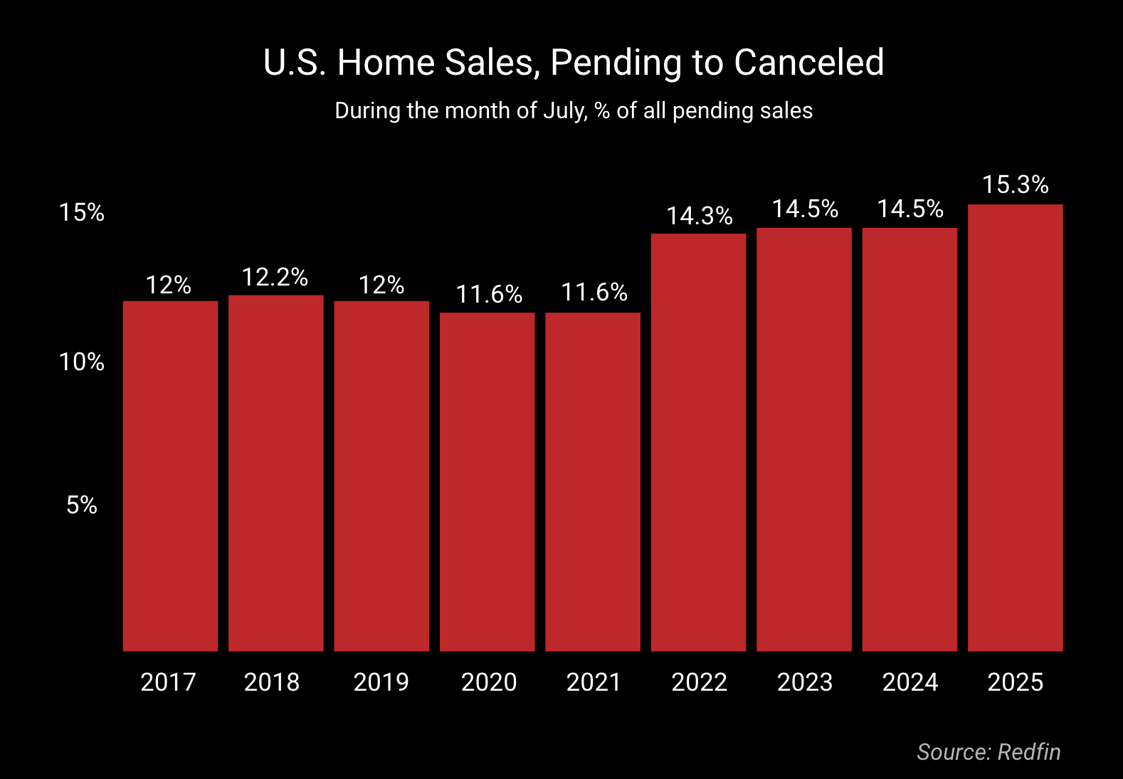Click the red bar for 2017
[170, 476]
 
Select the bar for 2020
[487, 481]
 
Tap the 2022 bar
[698, 442]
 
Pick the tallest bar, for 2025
[1015, 427]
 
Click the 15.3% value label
[1015, 185]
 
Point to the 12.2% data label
[275, 277]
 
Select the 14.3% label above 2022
[699, 216]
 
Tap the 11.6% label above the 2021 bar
[594, 292]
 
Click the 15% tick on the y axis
[82, 212]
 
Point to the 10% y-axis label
[82, 362]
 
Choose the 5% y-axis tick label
[82, 505]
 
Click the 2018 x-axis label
[272, 682]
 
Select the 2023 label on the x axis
[804, 682]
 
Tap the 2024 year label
[910, 682]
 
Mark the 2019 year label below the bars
[381, 682]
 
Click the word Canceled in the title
[808, 63]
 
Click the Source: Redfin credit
[988, 752]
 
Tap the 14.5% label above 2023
[805, 209]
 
